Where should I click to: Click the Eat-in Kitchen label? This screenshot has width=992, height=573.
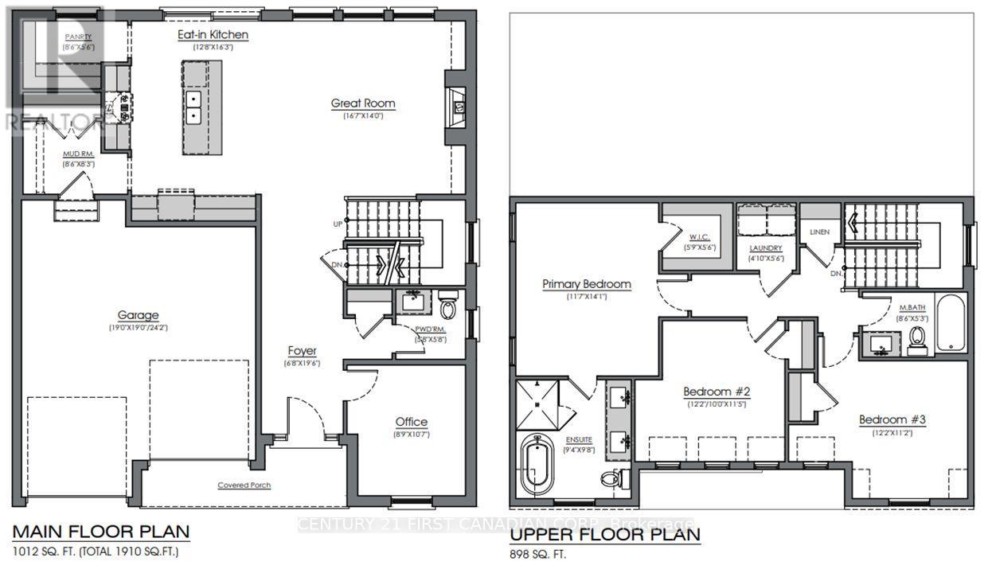pos(213,35)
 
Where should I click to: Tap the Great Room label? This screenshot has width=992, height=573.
pos(363,103)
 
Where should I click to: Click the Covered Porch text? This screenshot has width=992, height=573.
pos(244,485)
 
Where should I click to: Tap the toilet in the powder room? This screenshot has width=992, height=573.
pos(448,309)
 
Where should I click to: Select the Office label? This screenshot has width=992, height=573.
pos(411,422)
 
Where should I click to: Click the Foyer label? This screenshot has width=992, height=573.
pos(303,351)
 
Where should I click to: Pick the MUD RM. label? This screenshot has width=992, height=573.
pos(79,154)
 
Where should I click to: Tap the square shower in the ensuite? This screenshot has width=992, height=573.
pos(539,403)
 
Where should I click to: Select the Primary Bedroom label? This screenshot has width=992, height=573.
pos(587,284)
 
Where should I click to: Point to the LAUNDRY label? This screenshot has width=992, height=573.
pos(765,248)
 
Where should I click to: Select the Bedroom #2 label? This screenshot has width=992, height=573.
pos(717,392)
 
